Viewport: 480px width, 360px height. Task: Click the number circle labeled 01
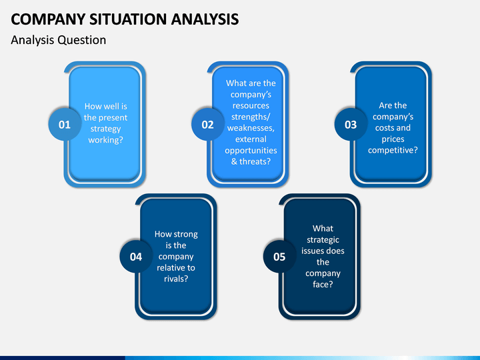coord(65,124)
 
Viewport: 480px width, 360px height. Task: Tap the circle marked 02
coord(207,124)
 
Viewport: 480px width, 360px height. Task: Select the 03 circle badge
coord(351,124)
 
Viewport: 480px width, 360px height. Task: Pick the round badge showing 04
coord(136,257)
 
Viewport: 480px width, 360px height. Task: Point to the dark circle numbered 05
coord(279,257)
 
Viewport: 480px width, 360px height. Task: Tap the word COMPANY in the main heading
coord(48,19)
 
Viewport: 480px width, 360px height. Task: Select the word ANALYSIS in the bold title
coord(205,19)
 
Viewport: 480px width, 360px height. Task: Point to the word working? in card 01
coord(105,140)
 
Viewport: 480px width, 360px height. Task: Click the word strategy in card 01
coord(105,129)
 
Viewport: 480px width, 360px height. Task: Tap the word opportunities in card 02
coord(251,151)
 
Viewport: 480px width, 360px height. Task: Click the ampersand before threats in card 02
coord(234,161)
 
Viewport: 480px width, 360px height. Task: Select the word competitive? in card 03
coord(393,150)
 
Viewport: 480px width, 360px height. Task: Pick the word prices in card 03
coord(393,139)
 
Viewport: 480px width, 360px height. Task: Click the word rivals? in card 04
coord(176,279)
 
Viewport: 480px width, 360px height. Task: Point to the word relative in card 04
coord(168,267)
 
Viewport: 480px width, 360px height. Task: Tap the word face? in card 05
coord(323,285)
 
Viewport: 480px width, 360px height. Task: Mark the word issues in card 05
coord(311,251)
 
